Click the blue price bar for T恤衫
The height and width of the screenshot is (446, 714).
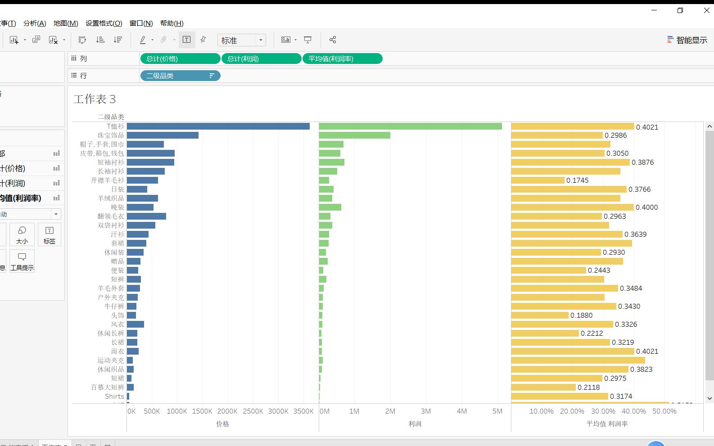coord(218,126)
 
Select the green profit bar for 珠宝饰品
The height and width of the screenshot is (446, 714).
coord(355,135)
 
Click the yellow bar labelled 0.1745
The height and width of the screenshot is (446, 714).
coord(538,180)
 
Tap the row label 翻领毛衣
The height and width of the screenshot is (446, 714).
coord(111,216)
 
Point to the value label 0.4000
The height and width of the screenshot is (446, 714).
coord(647,207)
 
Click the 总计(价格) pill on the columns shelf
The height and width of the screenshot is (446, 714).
coord(180,59)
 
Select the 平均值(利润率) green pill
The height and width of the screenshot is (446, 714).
coord(342,59)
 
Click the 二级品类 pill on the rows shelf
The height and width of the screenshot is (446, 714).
coord(180,76)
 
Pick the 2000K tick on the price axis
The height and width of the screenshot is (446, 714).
coord(227,411)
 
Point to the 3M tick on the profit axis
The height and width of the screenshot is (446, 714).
coord(426,411)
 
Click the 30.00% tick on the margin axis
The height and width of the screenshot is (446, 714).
coord(603,411)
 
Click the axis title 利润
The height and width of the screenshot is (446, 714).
coord(415,424)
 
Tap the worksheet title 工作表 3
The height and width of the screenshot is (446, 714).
coord(95,99)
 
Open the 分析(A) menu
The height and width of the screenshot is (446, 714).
coord(35,23)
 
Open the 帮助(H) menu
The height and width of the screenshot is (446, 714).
coord(172,23)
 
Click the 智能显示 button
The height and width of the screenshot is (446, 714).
coord(687,40)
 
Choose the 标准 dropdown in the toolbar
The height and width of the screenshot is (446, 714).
coord(241,41)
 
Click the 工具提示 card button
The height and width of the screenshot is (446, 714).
coord(22,261)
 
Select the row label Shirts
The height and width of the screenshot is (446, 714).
coord(114,396)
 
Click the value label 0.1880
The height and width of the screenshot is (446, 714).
coord(582,315)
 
